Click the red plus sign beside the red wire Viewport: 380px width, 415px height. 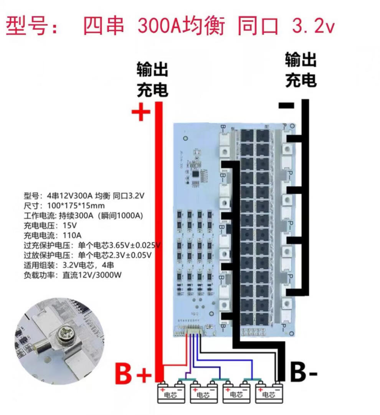click(140, 112)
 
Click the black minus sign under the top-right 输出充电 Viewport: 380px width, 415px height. click(286, 105)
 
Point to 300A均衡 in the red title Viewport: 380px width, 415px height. click(180, 26)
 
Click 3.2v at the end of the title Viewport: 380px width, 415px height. click(313, 26)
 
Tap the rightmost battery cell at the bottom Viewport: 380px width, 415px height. click(269, 393)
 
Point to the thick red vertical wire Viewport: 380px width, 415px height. click(159, 230)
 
